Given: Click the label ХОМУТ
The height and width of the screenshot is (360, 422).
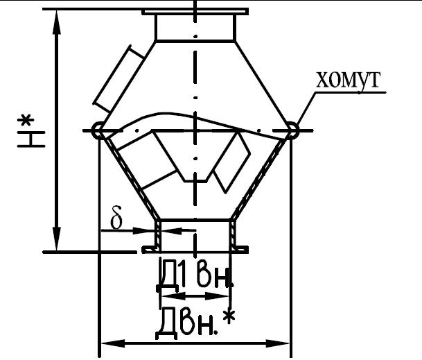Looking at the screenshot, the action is coord(349,80).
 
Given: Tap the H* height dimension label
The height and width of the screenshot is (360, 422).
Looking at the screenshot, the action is coord(31,131).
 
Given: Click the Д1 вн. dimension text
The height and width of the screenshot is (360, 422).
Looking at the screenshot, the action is coord(195,275).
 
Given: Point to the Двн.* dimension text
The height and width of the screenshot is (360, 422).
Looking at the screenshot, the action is coord(195,323).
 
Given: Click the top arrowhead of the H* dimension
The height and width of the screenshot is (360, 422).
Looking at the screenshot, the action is coord(57,22).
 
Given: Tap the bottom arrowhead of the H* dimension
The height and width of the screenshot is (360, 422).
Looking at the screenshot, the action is coord(57,239).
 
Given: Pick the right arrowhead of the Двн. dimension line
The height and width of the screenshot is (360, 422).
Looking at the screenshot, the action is coord(277,343).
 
